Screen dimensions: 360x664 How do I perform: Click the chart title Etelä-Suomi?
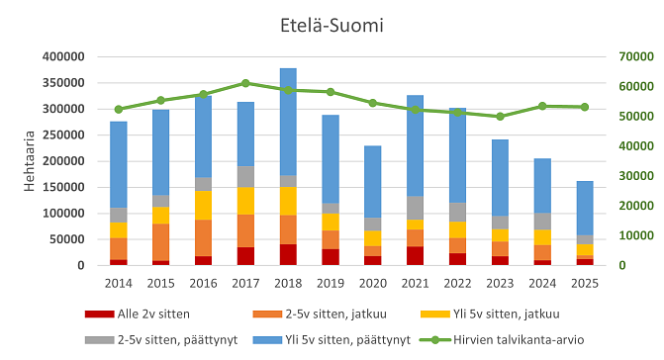pos(332,23)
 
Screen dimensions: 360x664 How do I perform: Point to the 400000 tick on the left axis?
pos(70,56)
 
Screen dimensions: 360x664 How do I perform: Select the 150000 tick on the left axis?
pos(70,187)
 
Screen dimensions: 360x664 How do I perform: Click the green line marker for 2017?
pos(245,83)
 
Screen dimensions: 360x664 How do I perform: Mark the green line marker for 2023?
pos(500,117)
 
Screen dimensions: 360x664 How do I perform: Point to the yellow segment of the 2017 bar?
pos(245,201)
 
